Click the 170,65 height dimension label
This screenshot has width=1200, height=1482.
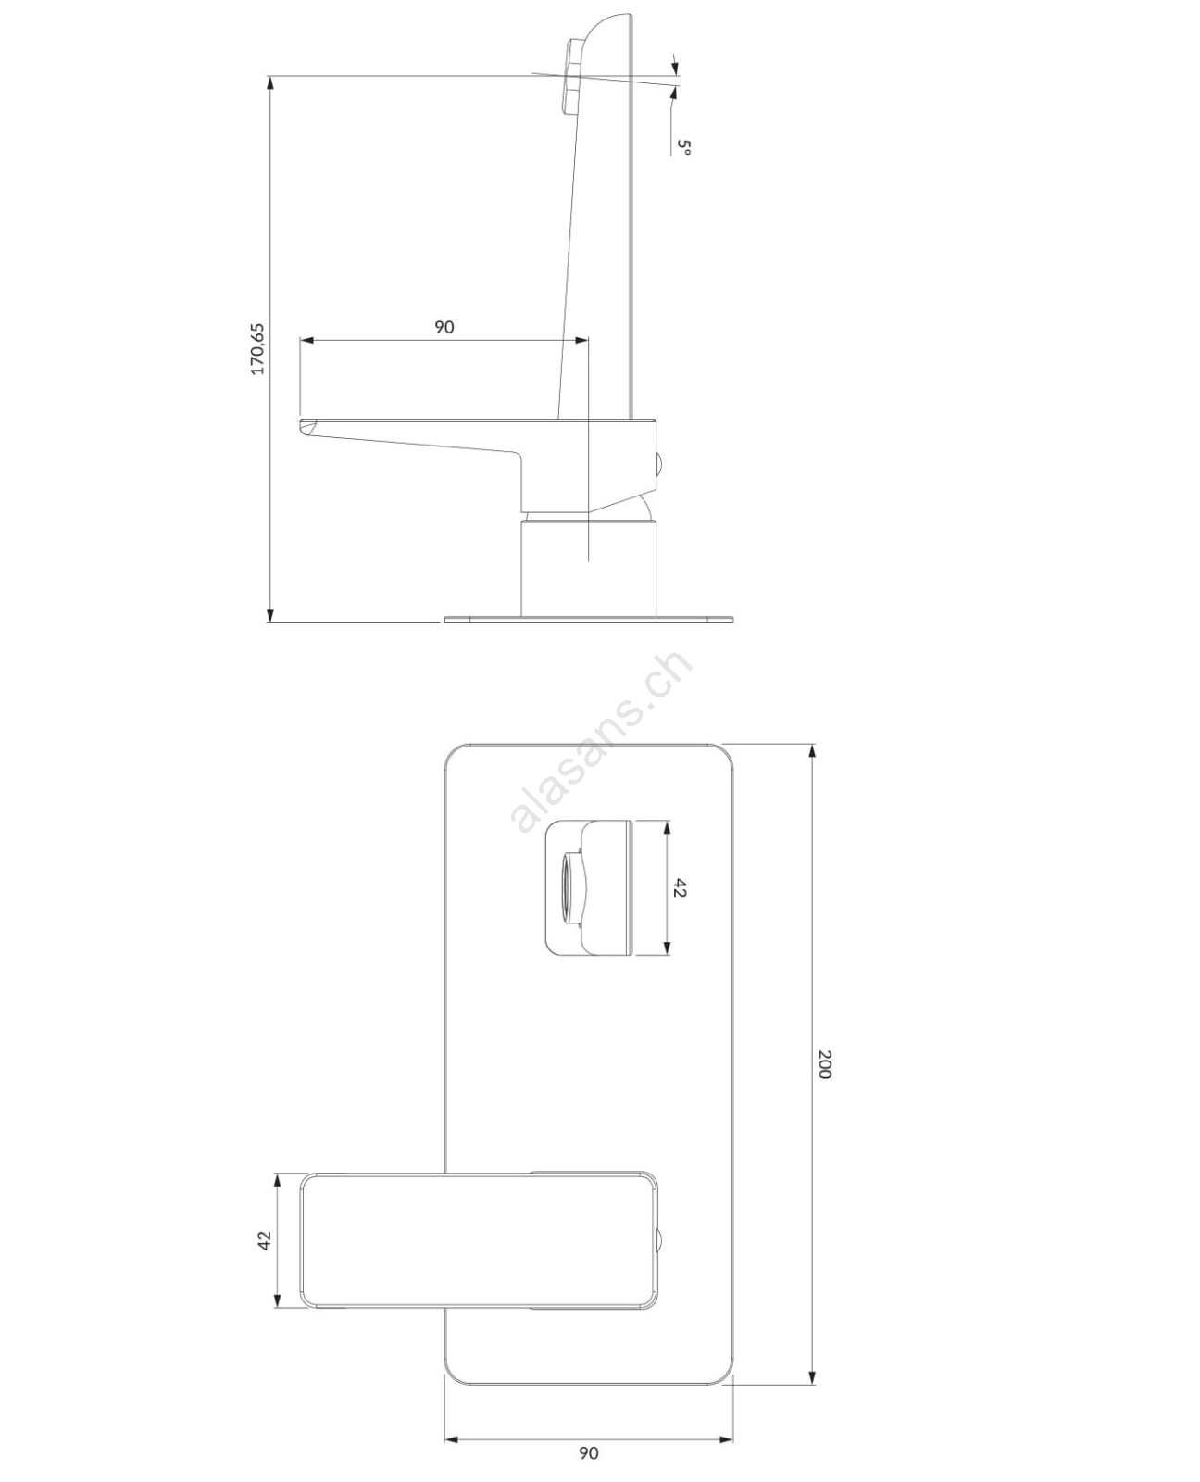(x=257, y=348)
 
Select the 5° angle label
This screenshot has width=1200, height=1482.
(x=684, y=146)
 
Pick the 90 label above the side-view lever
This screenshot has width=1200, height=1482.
(x=444, y=327)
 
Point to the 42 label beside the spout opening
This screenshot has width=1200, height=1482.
(x=679, y=887)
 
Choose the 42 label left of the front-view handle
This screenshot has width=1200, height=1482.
(x=264, y=1240)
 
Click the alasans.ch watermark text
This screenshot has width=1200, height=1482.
(x=602, y=741)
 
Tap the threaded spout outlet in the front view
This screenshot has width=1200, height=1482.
(x=573, y=887)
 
